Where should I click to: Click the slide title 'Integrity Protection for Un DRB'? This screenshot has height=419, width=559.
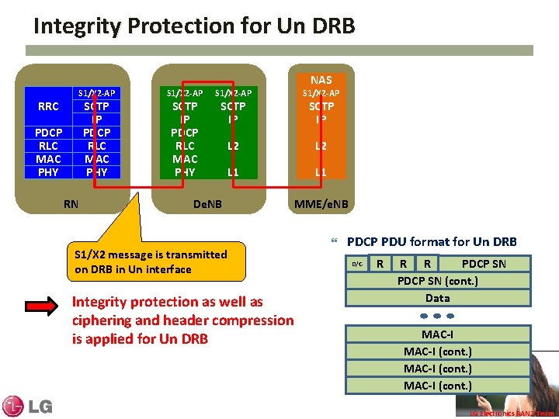point(194,26)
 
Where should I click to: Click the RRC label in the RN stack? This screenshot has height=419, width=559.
point(48,106)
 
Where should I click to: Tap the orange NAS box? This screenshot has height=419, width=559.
point(321,79)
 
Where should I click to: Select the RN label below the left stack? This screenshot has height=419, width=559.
point(70,204)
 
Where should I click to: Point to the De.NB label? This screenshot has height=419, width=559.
point(207,204)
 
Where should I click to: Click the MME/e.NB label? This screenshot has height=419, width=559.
point(321,204)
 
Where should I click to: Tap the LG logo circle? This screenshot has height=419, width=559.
point(13,406)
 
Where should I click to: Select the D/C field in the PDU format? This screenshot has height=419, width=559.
point(356,264)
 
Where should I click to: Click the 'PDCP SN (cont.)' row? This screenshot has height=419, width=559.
point(437,281)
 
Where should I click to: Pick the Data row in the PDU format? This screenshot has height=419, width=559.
point(437,297)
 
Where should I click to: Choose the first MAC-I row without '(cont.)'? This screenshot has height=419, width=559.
point(437,334)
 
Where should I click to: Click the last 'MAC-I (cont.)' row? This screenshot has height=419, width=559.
point(437,386)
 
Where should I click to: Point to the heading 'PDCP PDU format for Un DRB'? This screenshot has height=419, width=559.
point(432,241)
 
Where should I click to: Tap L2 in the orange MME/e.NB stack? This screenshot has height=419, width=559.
point(321,145)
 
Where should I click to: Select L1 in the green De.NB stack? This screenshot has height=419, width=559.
point(233,171)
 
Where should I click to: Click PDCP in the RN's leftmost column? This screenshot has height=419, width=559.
point(48,133)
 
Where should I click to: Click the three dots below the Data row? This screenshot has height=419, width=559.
point(437,316)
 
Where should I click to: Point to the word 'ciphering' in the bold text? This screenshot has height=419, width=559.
point(102,320)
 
